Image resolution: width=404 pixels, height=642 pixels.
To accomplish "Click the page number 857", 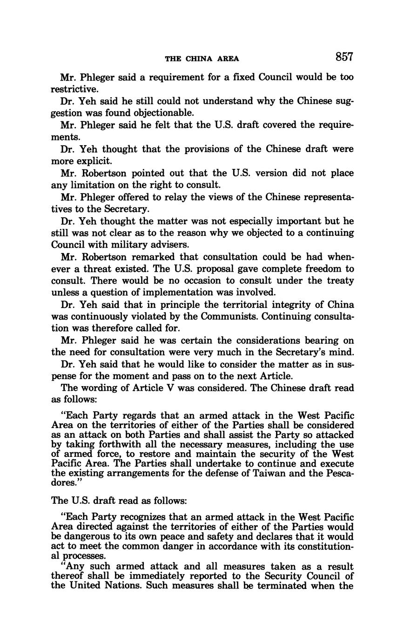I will pos(343,57).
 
